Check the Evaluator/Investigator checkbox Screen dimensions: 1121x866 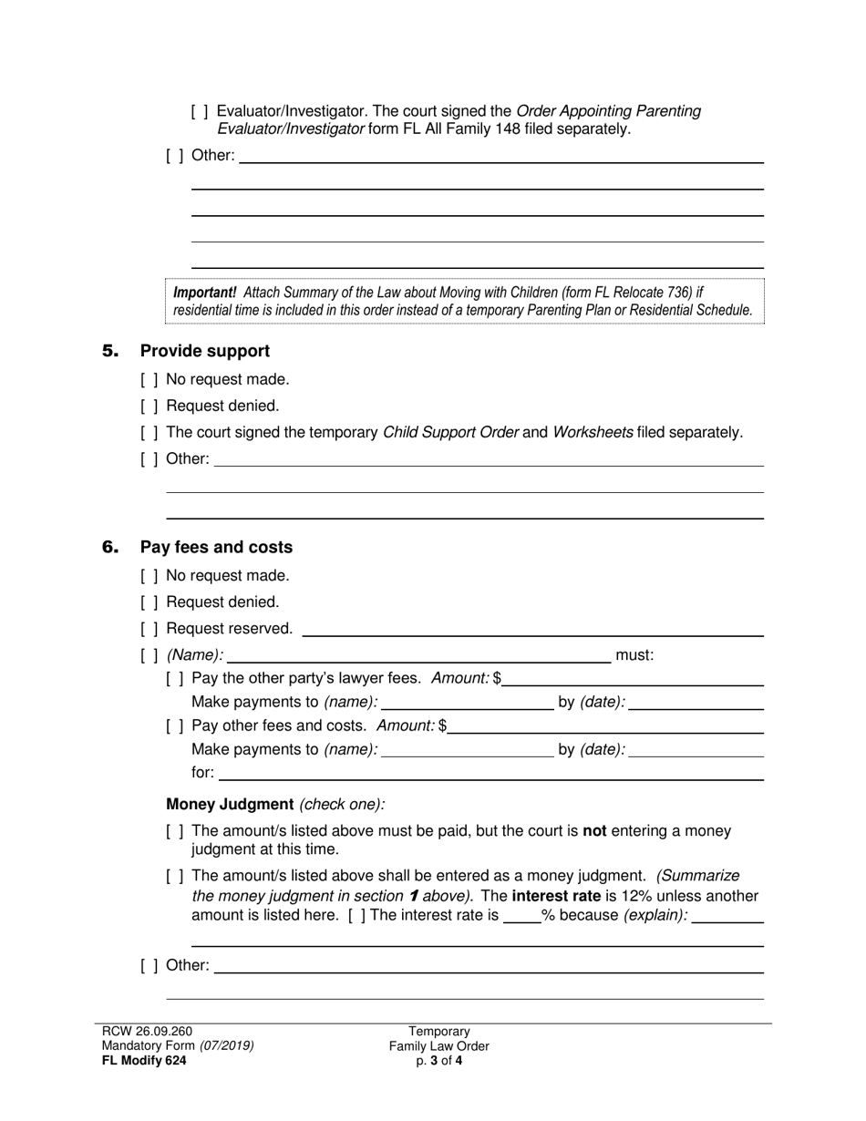(200, 111)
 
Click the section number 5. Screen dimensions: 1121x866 (110, 351)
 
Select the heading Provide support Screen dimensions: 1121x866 (204, 351)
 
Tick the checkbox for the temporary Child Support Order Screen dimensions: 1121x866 (149, 432)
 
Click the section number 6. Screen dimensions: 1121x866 (110, 547)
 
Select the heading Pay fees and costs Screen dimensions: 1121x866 (216, 547)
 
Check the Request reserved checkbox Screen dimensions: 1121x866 (149, 629)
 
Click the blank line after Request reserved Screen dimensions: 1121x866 (531, 629)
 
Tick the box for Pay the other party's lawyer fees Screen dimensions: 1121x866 (175, 678)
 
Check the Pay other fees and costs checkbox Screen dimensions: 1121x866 (175, 726)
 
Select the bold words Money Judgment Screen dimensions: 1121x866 (230, 805)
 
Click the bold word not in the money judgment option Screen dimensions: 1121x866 (594, 831)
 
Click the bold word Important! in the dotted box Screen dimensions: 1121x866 (205, 293)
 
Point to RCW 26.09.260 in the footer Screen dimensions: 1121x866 (148, 1031)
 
